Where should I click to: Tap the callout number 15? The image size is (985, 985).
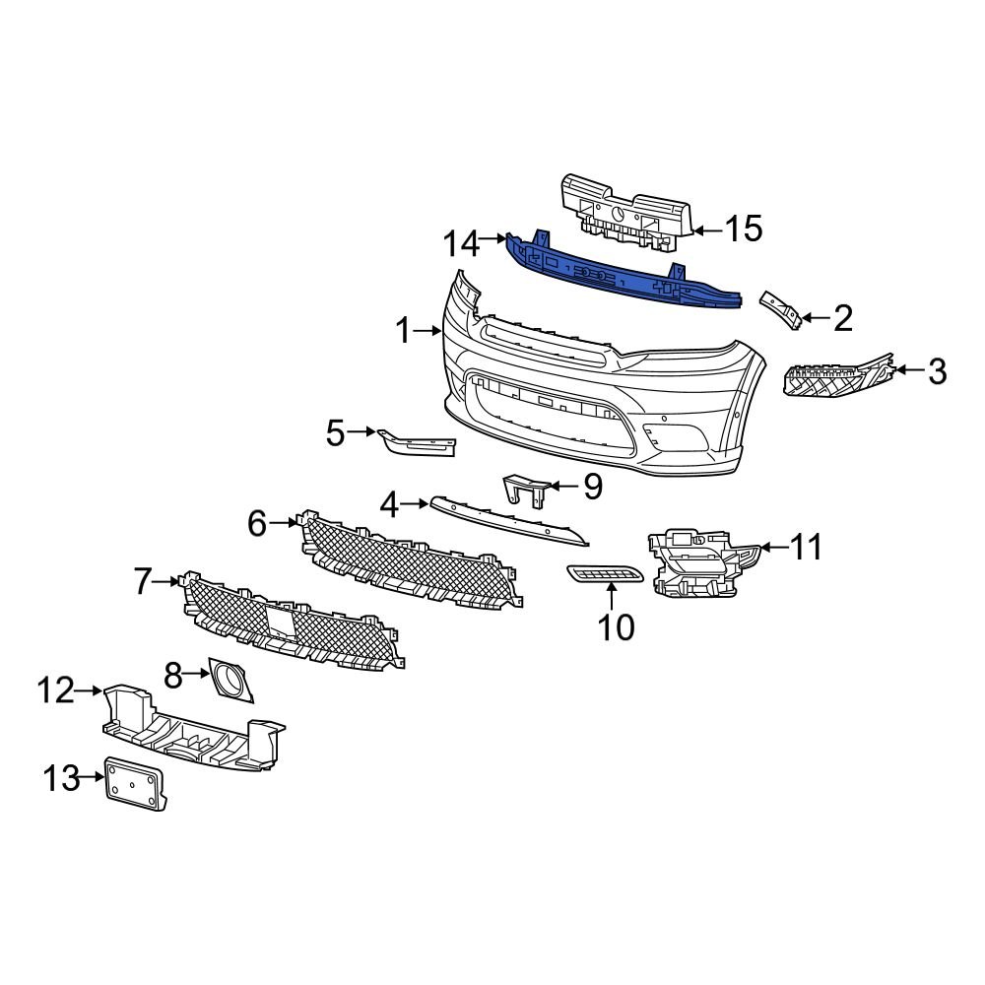[743, 230]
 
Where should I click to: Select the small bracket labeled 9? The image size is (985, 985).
[524, 490]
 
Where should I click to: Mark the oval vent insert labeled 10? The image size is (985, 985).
[605, 574]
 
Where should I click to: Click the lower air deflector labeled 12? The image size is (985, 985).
[192, 729]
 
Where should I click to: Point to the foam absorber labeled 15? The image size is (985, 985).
[625, 210]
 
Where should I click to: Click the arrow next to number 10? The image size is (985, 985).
[611, 594]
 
